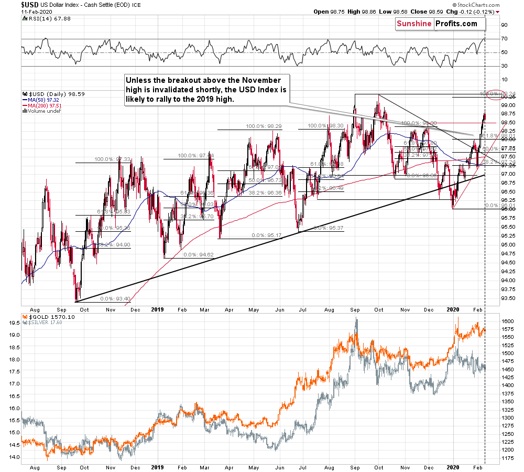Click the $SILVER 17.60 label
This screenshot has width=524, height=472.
click(44, 323)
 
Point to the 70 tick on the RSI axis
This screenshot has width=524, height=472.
click(504, 39)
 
